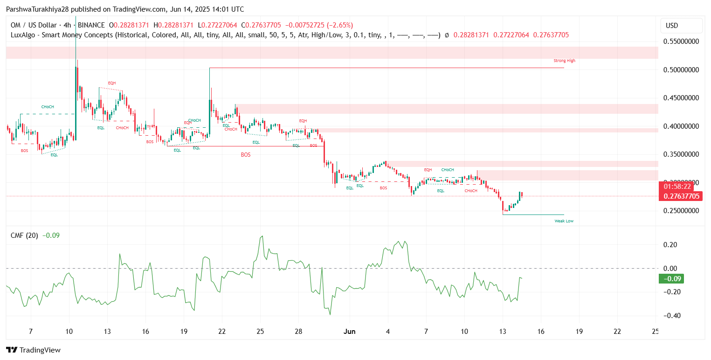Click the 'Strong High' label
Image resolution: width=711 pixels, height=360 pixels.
(x=564, y=61)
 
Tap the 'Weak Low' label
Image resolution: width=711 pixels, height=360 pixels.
(x=564, y=221)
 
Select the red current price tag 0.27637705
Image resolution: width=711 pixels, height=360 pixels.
(x=681, y=196)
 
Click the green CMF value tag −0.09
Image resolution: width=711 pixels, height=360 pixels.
(x=671, y=279)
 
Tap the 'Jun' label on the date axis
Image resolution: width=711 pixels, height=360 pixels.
(x=349, y=332)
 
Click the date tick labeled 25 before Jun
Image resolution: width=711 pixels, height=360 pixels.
(x=260, y=332)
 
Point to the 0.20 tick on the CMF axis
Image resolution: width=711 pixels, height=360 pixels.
(x=673, y=244)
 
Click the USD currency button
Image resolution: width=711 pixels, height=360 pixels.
(x=681, y=25)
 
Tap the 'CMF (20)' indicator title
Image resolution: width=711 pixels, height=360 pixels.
(x=24, y=235)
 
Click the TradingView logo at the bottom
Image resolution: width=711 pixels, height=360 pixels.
(x=33, y=350)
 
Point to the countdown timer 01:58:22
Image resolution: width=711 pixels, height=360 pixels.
(x=681, y=187)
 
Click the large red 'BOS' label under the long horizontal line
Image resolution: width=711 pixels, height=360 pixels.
(x=246, y=154)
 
